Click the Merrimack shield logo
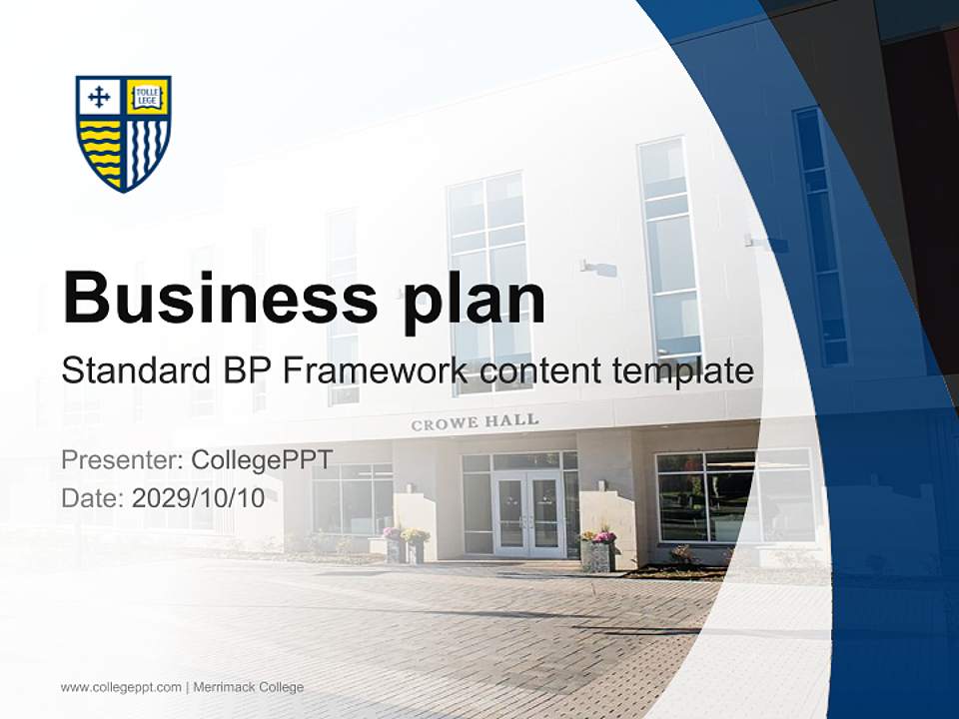pyautogui.click(x=124, y=133)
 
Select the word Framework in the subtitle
pyautogui.click(x=375, y=371)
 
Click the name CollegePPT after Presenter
pyautogui.click(x=262, y=460)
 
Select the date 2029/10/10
pyautogui.click(x=199, y=498)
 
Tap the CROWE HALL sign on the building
pyautogui.click(x=475, y=422)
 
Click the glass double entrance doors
pyautogui.click(x=527, y=514)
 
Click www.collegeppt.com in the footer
pyautogui.click(x=121, y=687)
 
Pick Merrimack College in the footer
pyautogui.click(x=248, y=687)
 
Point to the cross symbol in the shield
pyautogui.click(x=99, y=96)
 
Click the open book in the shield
pyautogui.click(x=148, y=96)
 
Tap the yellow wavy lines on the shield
pyautogui.click(x=100, y=150)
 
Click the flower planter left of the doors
pyautogui.click(x=414, y=545)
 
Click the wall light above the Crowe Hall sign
pyautogui.click(x=597, y=268)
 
